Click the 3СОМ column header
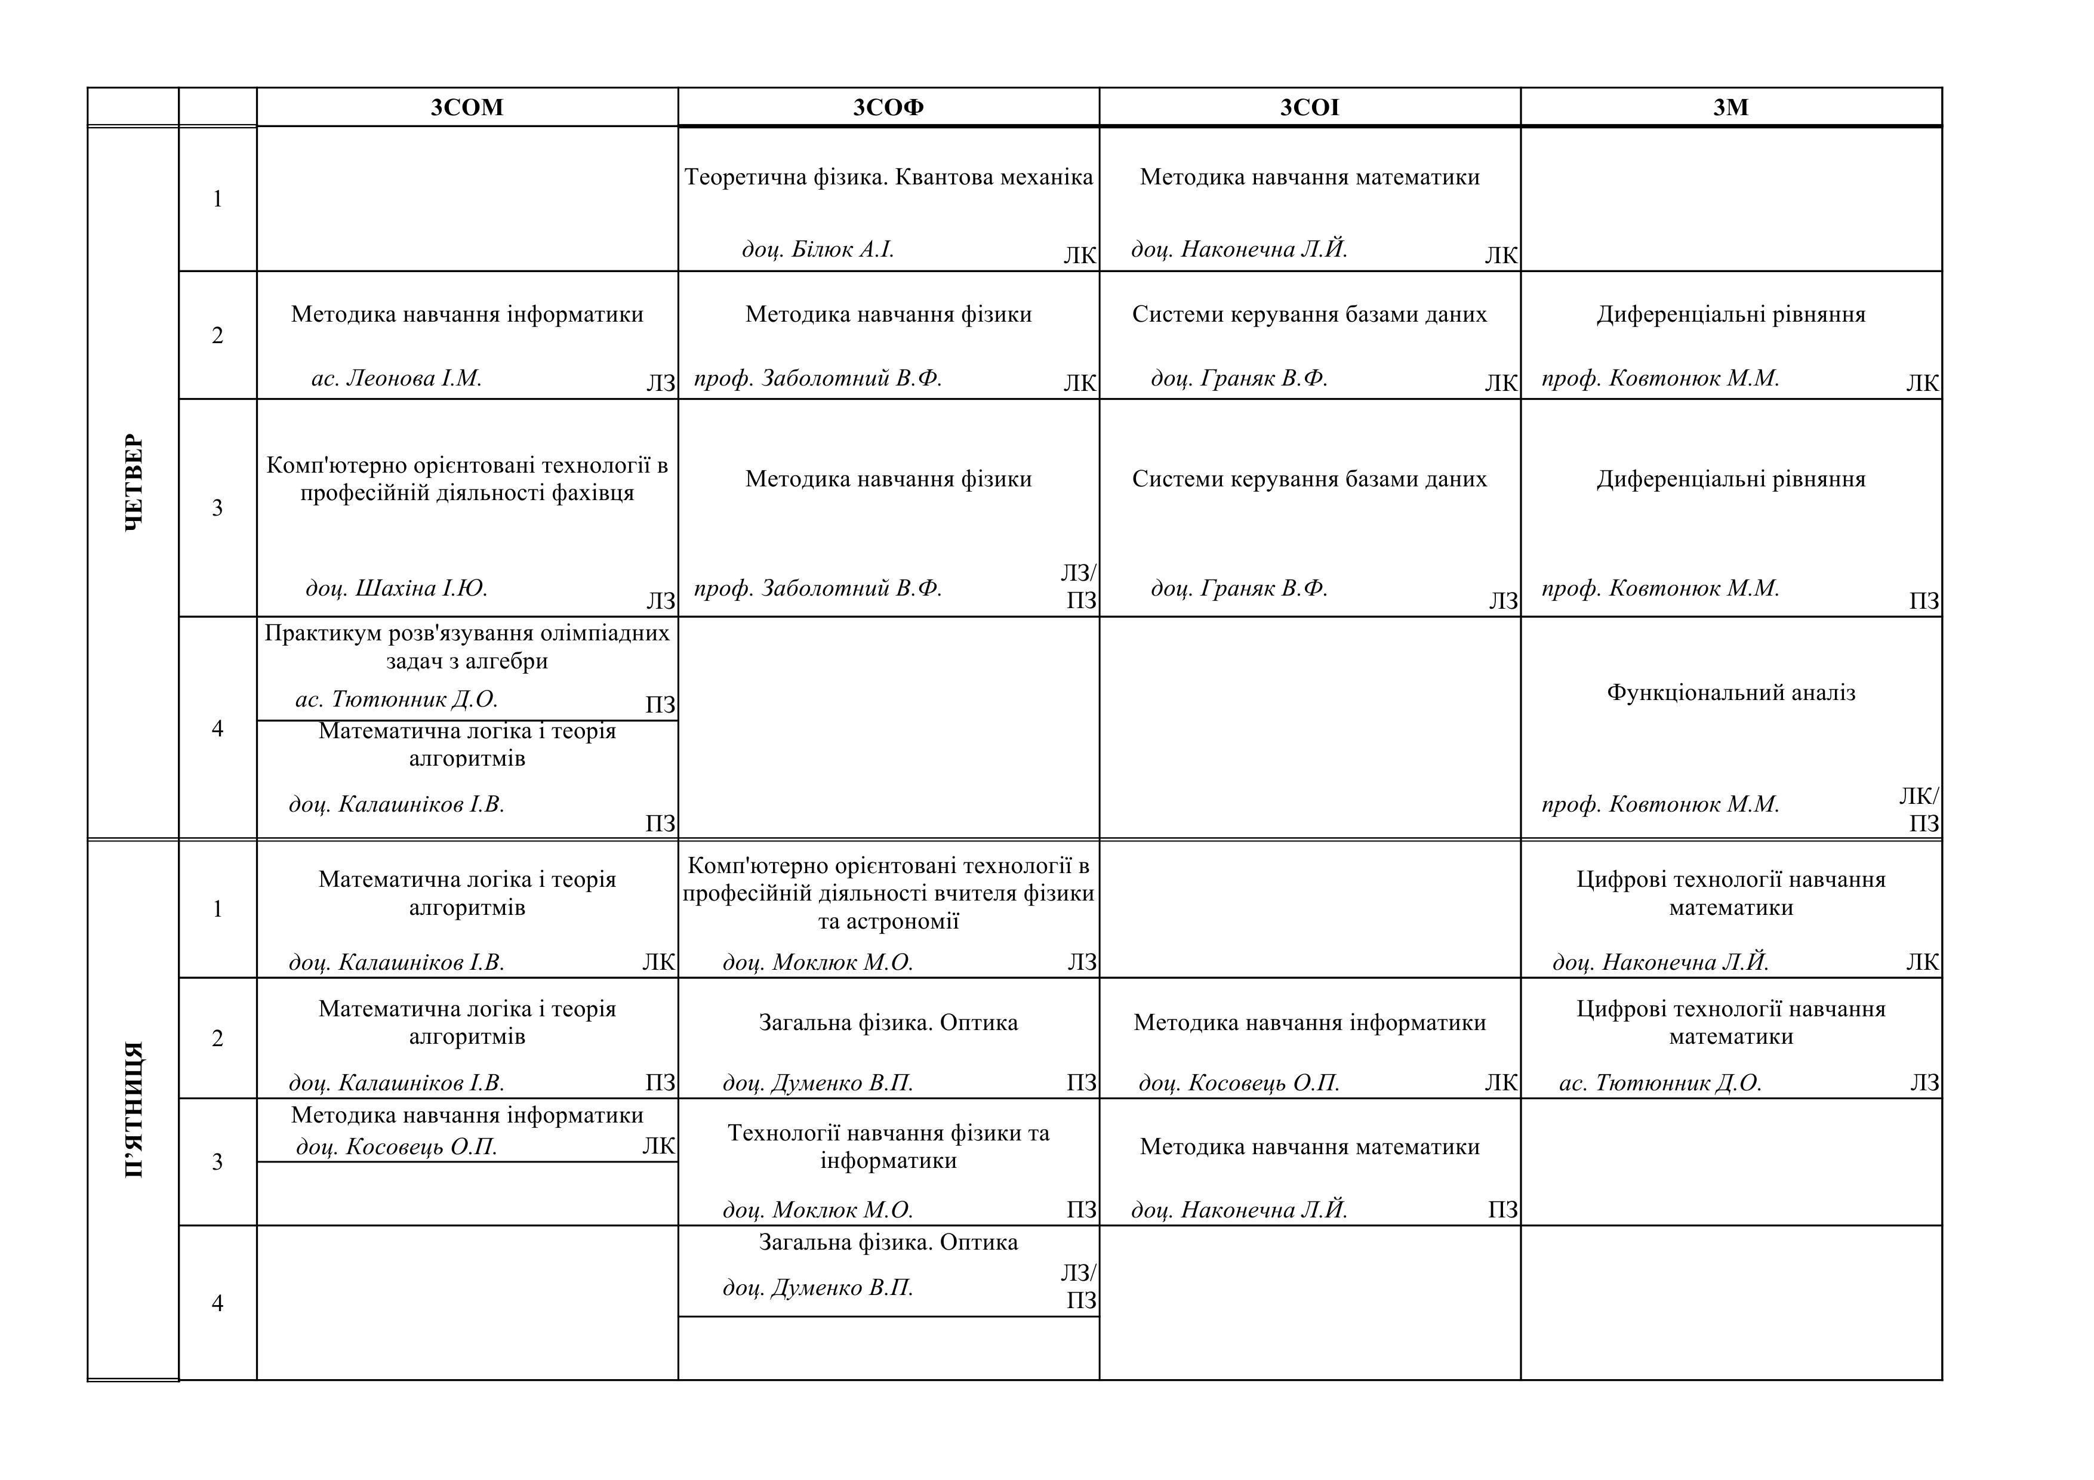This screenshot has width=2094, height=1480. (x=467, y=107)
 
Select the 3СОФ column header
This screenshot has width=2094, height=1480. (x=888, y=107)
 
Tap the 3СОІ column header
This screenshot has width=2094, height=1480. (x=1310, y=107)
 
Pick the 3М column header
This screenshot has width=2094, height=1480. (x=1731, y=107)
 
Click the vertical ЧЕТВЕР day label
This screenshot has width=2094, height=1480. (x=133, y=482)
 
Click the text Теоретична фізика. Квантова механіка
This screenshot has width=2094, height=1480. (x=888, y=177)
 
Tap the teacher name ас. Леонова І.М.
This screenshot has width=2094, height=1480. (x=397, y=378)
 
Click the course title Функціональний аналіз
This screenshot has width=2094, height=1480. (x=1731, y=693)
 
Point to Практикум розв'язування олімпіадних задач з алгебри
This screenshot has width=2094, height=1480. (x=467, y=646)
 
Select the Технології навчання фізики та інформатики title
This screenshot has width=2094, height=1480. (x=888, y=1146)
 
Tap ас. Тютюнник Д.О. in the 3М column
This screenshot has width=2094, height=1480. (x=1660, y=1083)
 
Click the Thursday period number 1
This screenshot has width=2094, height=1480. (x=217, y=199)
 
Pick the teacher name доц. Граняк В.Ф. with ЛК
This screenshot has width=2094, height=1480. (x=1239, y=378)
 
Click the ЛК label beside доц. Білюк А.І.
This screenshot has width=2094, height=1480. (x=1080, y=255)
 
